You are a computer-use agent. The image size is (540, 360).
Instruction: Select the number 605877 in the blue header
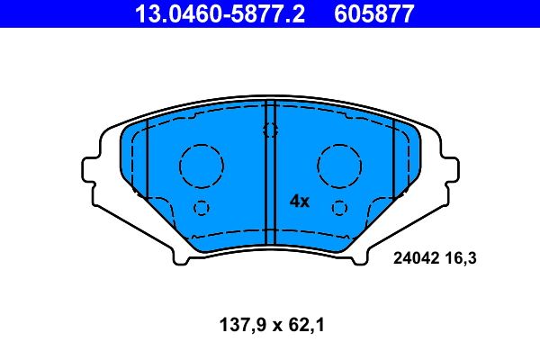tap(375, 13)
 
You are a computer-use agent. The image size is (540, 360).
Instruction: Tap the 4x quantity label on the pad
tap(299, 202)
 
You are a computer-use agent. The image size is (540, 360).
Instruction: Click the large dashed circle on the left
tap(200, 166)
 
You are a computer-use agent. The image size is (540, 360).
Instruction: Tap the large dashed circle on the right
tap(338, 166)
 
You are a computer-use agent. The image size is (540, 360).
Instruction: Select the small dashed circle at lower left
tap(201, 208)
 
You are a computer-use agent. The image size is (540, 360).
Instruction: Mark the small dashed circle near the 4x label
tap(338, 208)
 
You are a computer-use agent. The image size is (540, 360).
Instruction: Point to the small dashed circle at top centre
tap(269, 130)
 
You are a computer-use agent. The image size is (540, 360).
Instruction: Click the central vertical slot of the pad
tap(269, 171)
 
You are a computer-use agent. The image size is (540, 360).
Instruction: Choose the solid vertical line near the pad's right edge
tap(394, 160)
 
